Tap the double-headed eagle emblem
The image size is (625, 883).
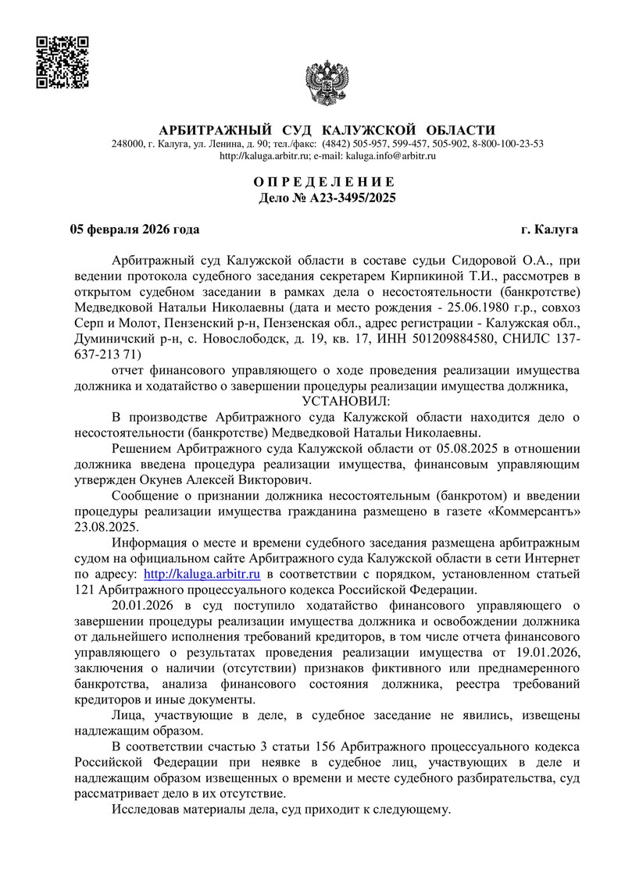click(327, 83)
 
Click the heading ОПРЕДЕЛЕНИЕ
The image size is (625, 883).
click(327, 182)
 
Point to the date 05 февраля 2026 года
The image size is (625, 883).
click(134, 230)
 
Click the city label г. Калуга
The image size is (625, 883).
click(550, 230)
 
